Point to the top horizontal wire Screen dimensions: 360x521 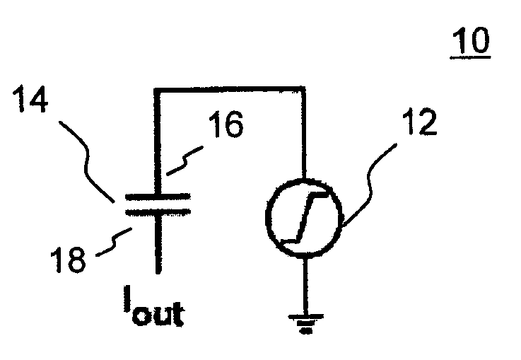coord(230,88)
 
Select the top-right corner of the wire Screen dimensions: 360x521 coord(304,89)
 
